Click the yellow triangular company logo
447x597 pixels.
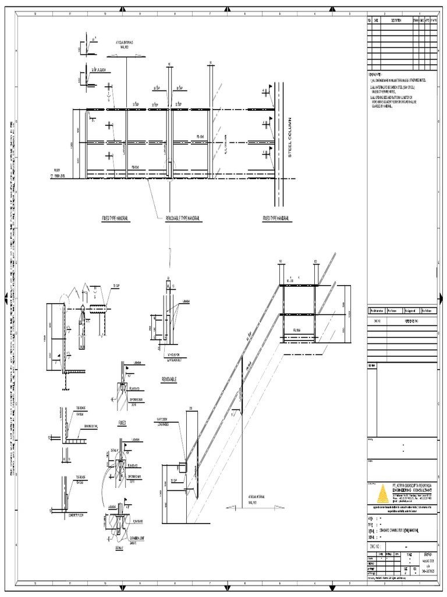pyautogui.click(x=381, y=494)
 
